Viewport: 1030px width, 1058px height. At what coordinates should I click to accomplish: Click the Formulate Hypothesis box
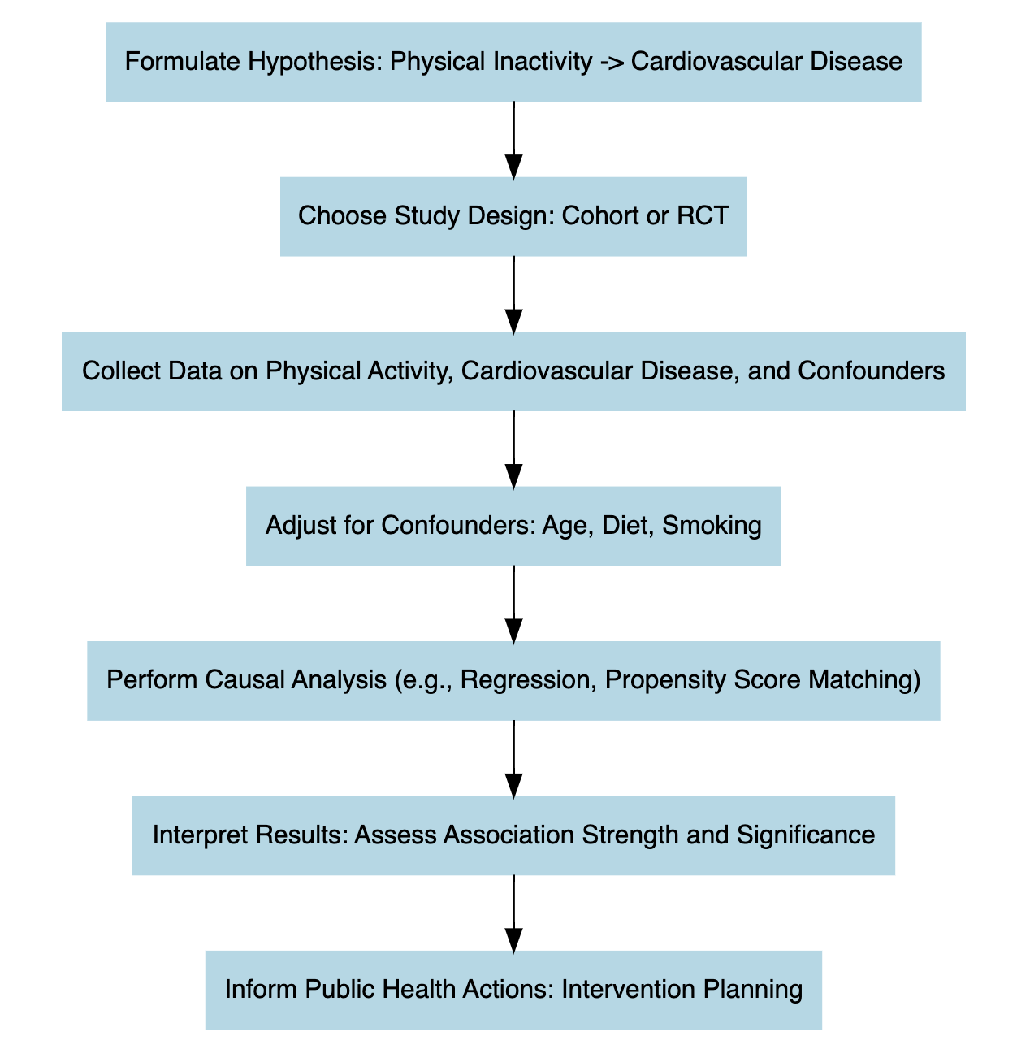click(x=513, y=62)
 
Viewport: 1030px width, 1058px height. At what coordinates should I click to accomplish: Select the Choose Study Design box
click(x=513, y=216)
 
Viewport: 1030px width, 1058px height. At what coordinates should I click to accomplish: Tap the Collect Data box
click(x=513, y=371)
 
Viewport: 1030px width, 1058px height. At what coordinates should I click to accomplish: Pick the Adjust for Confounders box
click(x=513, y=526)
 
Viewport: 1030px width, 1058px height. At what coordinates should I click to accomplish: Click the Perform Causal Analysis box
click(x=513, y=680)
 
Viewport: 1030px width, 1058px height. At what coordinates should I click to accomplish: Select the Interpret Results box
click(x=513, y=835)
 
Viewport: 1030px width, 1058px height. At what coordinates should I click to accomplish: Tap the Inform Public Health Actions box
click(x=513, y=990)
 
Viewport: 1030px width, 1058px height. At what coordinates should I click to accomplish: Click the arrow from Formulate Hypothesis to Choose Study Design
click(x=513, y=139)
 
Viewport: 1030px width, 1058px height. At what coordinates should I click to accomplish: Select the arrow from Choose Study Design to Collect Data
click(x=513, y=293)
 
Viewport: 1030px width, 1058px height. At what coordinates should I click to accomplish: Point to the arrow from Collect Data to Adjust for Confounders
click(x=513, y=449)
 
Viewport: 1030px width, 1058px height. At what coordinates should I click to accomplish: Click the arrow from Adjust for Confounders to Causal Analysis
click(x=513, y=603)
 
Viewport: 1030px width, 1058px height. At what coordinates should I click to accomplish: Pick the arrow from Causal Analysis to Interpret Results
click(x=513, y=758)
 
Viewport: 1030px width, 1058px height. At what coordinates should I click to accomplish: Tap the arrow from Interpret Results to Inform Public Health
click(x=513, y=913)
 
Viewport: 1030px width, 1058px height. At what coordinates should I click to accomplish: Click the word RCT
click(x=705, y=216)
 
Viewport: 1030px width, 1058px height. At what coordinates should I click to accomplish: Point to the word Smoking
click(x=712, y=527)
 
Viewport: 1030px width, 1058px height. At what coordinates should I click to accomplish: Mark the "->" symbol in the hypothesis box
click(x=611, y=62)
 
